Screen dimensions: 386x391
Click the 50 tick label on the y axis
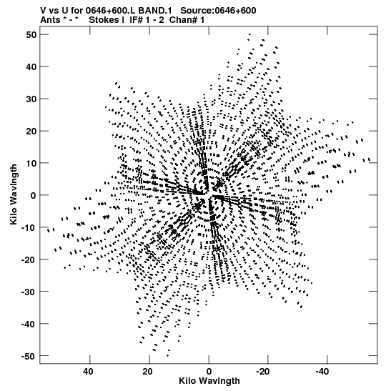click(31, 34)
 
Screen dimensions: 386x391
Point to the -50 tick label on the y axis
click(29, 356)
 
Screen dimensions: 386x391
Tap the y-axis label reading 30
click(31, 99)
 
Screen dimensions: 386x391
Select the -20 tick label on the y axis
click(29, 259)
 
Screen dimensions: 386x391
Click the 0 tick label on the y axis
click(34, 195)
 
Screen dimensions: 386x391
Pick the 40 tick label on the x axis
click(88, 372)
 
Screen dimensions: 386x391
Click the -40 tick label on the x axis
click(322, 372)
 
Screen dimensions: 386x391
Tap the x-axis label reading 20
click(147, 372)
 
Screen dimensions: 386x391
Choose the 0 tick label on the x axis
click(209, 372)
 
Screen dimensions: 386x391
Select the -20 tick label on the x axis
click(262, 372)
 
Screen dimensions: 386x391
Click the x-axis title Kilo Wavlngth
click(209, 381)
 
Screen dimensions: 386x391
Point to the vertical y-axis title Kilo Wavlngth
click(14, 194)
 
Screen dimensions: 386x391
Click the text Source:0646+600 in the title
click(218, 11)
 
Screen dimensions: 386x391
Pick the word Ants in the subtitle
click(50, 20)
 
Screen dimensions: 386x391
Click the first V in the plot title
click(43, 11)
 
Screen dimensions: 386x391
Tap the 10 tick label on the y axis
click(31, 163)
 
